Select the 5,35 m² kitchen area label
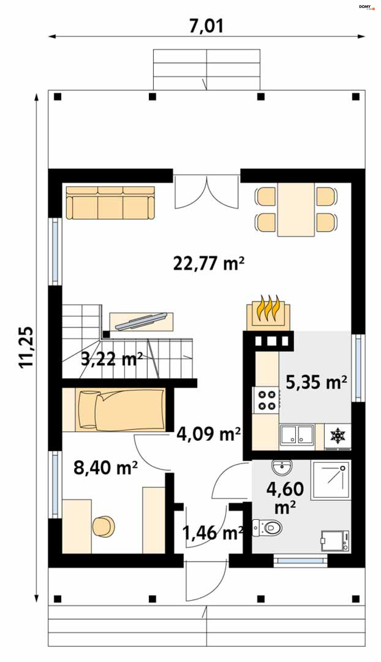(316, 382)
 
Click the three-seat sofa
(110, 203)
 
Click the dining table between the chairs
(296, 209)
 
